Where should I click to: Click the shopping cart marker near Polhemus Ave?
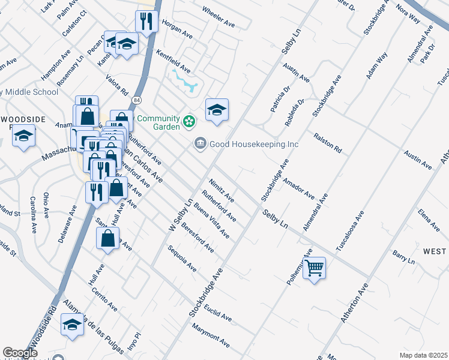click(315, 267)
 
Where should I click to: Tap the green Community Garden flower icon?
click(190, 122)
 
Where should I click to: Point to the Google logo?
click(20, 353)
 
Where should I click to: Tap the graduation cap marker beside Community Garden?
click(217, 109)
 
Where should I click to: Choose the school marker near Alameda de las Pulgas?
click(72, 325)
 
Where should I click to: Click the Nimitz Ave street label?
click(221, 189)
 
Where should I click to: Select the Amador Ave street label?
click(298, 188)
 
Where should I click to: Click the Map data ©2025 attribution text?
click(423, 355)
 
